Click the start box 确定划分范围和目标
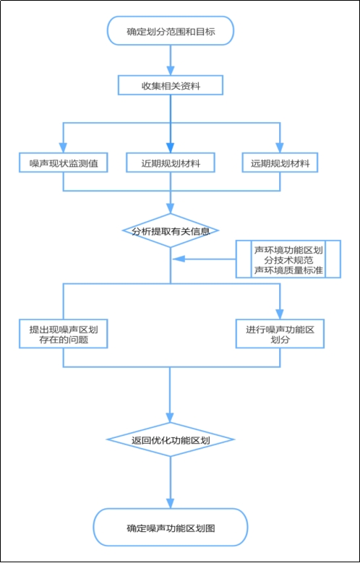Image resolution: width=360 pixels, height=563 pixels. (x=171, y=30)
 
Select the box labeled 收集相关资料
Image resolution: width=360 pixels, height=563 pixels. (x=171, y=86)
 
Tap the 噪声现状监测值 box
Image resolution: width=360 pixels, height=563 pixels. (x=63, y=163)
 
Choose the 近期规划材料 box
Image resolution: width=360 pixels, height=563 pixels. (x=171, y=163)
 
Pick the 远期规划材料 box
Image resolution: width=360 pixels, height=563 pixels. (x=280, y=163)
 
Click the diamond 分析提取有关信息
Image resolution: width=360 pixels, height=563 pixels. (x=171, y=231)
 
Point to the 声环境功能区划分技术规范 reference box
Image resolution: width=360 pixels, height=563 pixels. (x=288, y=259)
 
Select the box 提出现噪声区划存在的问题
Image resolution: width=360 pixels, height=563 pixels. (x=63, y=334)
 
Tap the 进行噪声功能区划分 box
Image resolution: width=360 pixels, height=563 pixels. (x=280, y=334)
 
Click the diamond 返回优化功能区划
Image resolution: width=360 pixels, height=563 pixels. (x=171, y=439)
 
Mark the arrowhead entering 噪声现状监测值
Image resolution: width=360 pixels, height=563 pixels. (x=63, y=148)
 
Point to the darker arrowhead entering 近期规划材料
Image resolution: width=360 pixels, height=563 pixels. (x=171, y=148)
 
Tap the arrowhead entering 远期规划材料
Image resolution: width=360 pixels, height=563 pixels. (x=280, y=148)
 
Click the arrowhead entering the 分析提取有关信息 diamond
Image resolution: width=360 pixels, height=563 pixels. (x=171, y=208)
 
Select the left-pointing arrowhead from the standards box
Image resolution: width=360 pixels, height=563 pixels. (x=179, y=259)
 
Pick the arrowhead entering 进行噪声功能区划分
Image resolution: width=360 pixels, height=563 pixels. (x=280, y=314)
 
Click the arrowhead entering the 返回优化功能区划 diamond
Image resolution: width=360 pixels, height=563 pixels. (x=171, y=417)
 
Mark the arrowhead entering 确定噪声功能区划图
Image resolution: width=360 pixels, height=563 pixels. (x=171, y=503)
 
